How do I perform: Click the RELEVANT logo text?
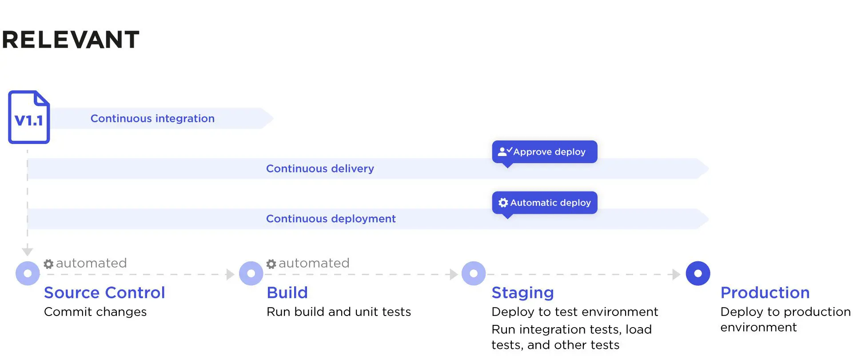[71, 40]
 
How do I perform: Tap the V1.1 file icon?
[29, 117]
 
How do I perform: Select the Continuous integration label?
[152, 119]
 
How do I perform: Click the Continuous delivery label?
[320, 169]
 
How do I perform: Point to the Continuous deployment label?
[331, 219]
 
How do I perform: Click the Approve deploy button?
[544, 152]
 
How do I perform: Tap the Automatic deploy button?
[544, 203]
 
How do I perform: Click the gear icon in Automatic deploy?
[503, 203]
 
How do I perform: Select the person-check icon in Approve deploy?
[505, 152]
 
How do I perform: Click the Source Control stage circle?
[28, 273]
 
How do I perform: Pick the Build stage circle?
[251, 273]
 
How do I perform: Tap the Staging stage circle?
[474, 273]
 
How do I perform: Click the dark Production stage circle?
[698, 273]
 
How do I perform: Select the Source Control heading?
[104, 292]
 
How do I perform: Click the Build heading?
[287, 292]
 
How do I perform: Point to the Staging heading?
[522, 292]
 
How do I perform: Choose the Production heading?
[765, 292]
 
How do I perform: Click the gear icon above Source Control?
[48, 264]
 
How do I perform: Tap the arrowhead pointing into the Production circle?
[676, 274]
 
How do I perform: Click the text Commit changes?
[95, 312]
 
